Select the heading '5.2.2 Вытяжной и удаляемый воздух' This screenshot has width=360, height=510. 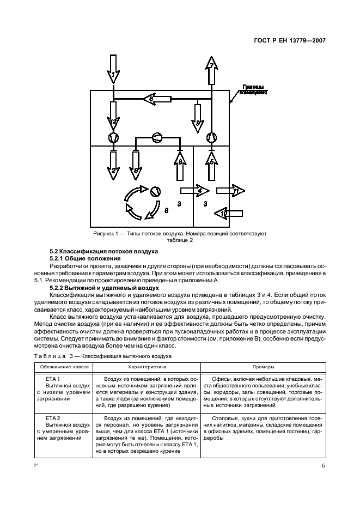pyautogui.click(x=97, y=287)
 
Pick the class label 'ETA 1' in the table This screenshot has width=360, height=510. pyautogui.click(x=52, y=379)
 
